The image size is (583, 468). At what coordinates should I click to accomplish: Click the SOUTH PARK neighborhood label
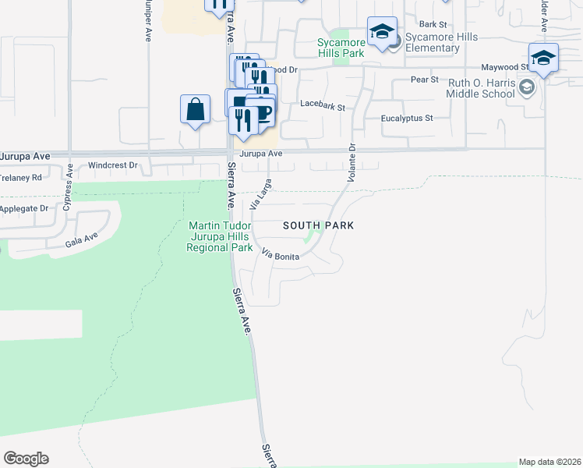click(x=318, y=225)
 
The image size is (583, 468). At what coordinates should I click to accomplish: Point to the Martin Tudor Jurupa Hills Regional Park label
click(x=221, y=237)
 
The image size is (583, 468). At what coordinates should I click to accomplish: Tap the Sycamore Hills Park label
click(x=341, y=48)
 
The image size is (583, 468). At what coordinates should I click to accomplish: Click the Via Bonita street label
click(x=281, y=255)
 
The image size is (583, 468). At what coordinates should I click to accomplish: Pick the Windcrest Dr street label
click(x=112, y=165)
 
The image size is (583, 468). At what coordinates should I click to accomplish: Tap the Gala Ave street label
click(x=81, y=239)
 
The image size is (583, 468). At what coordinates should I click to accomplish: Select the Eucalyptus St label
click(x=406, y=119)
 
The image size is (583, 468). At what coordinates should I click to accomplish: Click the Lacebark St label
click(x=322, y=104)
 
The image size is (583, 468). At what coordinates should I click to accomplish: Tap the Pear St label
click(x=422, y=80)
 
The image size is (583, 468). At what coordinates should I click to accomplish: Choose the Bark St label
click(x=430, y=24)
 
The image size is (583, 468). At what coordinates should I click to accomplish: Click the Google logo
click(x=26, y=459)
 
